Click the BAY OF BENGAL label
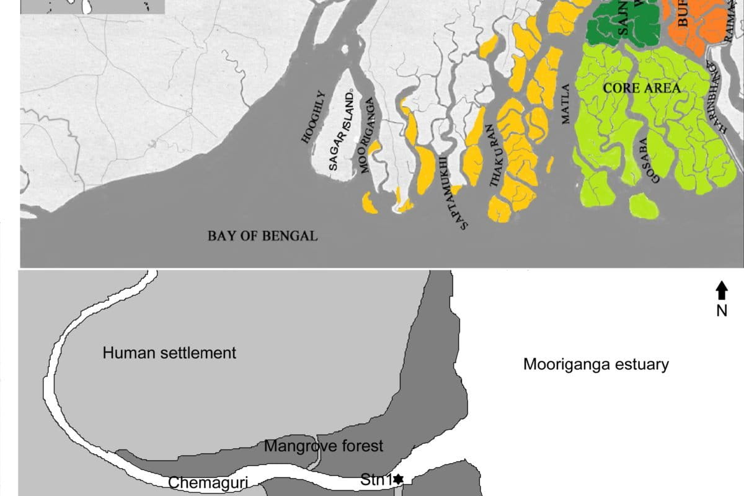tap(262, 236)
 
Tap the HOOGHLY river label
tap(313, 118)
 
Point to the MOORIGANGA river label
tap(366, 135)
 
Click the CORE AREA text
tap(642, 88)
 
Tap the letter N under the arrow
tap(722, 311)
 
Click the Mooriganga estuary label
tap(596, 365)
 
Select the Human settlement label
tap(169, 353)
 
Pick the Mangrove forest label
tap(324, 446)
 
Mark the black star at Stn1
tap(398, 479)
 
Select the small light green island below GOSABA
tap(644, 206)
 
